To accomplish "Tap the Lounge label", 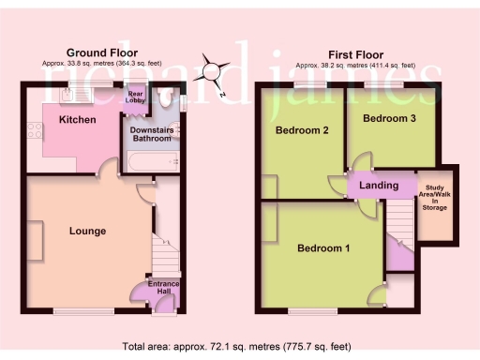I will click(x=86, y=231).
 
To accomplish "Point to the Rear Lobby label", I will click(x=137, y=97).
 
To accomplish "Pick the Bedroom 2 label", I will click(x=301, y=131).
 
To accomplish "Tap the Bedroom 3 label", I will click(x=390, y=119).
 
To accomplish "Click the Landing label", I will click(x=379, y=186).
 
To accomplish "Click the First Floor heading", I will click(x=352, y=53).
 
